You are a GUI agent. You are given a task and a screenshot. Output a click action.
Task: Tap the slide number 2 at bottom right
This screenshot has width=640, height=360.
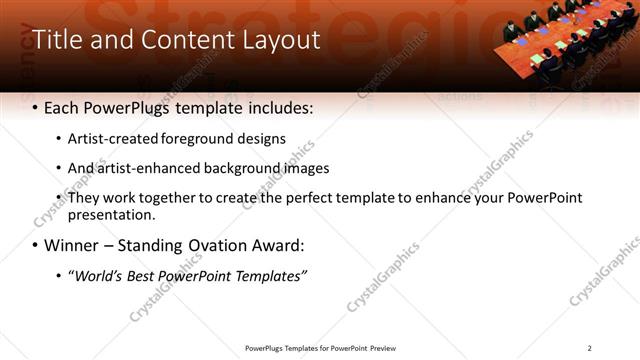tap(589, 348)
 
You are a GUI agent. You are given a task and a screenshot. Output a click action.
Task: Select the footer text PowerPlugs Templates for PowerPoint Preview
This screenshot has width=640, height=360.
tap(320, 348)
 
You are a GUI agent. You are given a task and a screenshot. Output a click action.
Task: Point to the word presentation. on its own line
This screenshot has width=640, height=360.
tap(111, 215)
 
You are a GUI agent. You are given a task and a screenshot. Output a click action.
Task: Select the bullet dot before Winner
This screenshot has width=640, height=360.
tap(36, 245)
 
